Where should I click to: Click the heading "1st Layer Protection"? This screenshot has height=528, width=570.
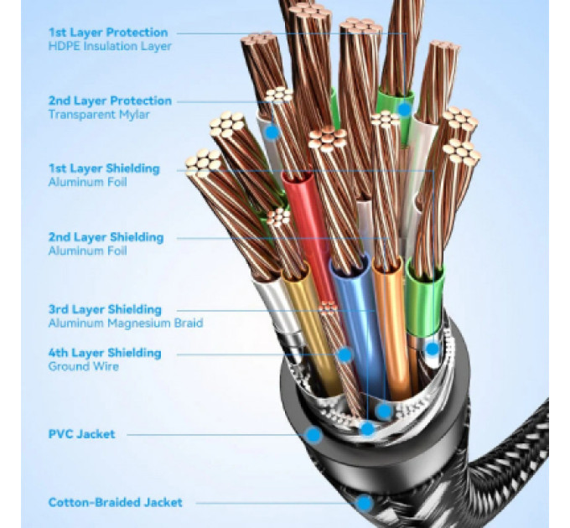(x=108, y=33)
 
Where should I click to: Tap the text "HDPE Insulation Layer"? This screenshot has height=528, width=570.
(x=110, y=46)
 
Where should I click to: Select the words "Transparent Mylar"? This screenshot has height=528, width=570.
(x=99, y=115)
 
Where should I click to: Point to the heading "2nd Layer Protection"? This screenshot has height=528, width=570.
(x=110, y=101)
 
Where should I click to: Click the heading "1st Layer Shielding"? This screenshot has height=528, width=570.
(x=104, y=168)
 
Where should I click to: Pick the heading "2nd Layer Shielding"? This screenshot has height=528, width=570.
(x=106, y=237)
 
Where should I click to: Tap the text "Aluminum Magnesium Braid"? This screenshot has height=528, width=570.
(x=126, y=323)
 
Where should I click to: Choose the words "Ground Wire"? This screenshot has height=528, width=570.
(x=83, y=366)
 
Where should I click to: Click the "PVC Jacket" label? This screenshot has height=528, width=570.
(x=81, y=434)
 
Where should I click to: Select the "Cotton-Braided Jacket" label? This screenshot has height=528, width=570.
(x=115, y=503)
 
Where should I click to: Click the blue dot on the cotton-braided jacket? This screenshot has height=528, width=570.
(x=364, y=504)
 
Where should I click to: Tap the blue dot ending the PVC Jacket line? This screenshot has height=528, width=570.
(x=313, y=435)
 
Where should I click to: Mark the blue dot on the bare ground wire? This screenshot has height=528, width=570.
(x=345, y=355)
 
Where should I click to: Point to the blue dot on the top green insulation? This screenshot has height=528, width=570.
(x=404, y=109)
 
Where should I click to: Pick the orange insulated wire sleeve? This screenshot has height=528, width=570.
(x=392, y=327)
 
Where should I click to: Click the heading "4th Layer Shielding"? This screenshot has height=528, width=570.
(x=105, y=353)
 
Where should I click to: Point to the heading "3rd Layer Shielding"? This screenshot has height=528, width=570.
(x=105, y=309)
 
